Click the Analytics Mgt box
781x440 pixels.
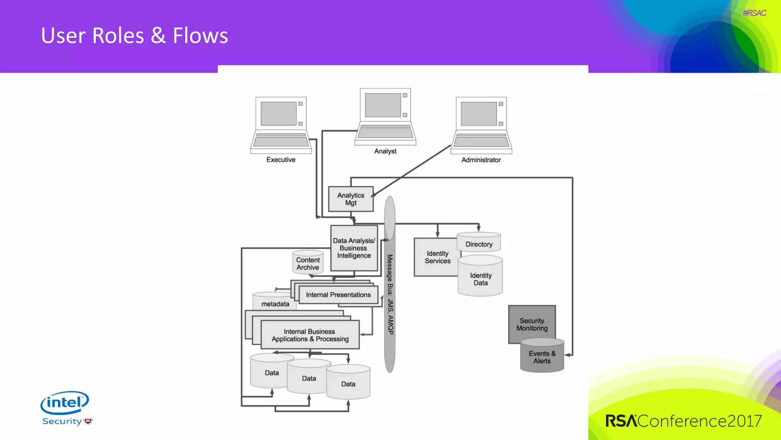[350, 199]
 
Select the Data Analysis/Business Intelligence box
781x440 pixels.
[354, 248]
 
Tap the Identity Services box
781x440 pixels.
[437, 257]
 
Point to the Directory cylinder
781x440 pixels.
[479, 244]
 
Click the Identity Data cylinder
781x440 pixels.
[480, 279]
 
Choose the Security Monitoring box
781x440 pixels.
[532, 324]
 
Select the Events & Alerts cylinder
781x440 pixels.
[542, 357]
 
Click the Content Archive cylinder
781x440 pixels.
[308, 263]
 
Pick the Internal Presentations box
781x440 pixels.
[338, 295]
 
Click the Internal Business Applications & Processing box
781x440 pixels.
[310, 335]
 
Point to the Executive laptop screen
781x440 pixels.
[279, 113]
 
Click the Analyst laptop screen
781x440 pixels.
[383, 105]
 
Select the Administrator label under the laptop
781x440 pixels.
[481, 160]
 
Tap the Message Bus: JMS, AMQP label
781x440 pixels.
[390, 294]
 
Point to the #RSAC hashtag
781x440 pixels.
[754, 13]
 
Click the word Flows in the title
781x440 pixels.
[200, 36]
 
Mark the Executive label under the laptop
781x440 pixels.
[281, 160]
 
